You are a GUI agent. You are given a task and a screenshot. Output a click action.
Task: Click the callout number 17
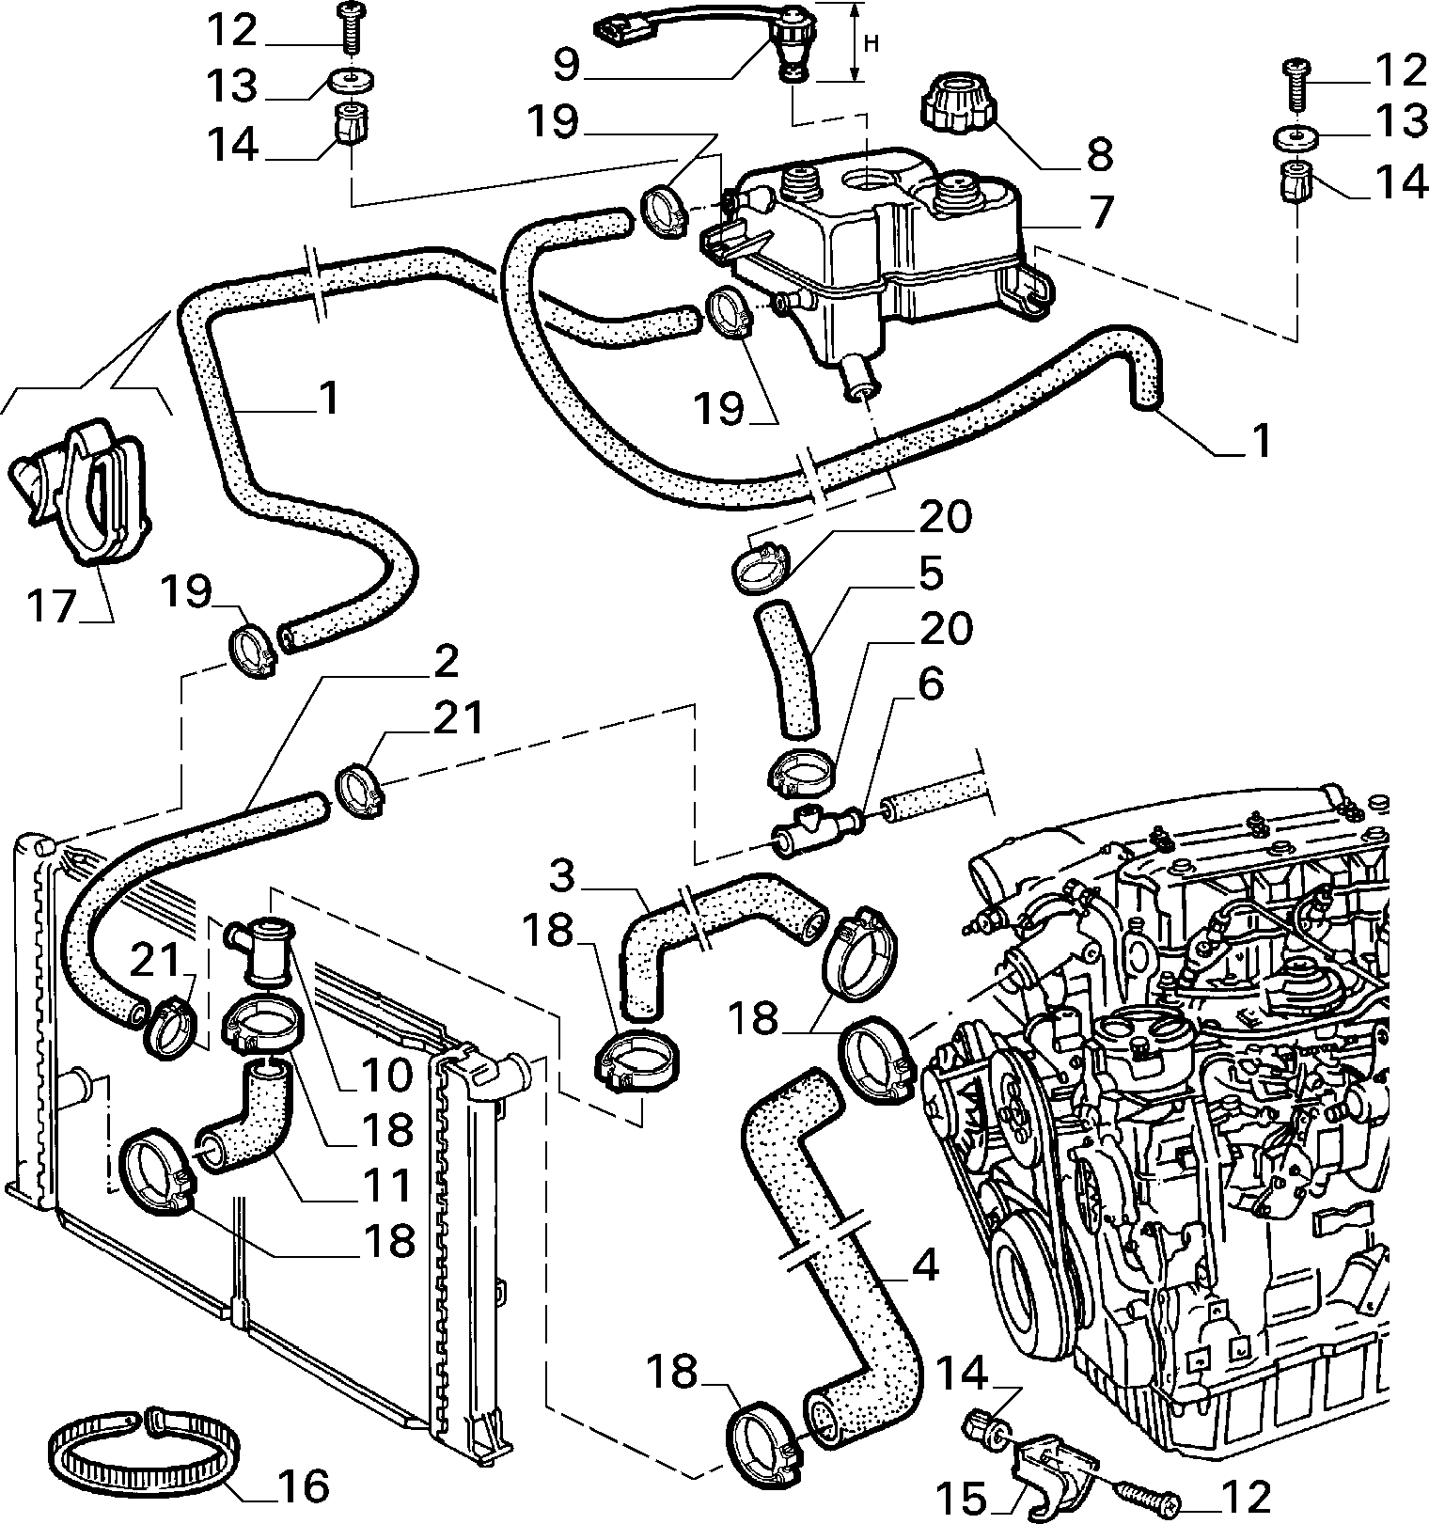click(49, 605)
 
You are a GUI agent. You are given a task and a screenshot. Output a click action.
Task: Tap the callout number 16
click(304, 1486)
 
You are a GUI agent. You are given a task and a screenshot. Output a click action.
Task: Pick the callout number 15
click(962, 1498)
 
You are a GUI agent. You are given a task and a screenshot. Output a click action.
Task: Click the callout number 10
click(386, 1073)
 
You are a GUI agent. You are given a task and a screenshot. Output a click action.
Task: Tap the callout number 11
click(387, 1186)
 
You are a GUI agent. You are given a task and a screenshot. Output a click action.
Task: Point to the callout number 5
click(931, 574)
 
